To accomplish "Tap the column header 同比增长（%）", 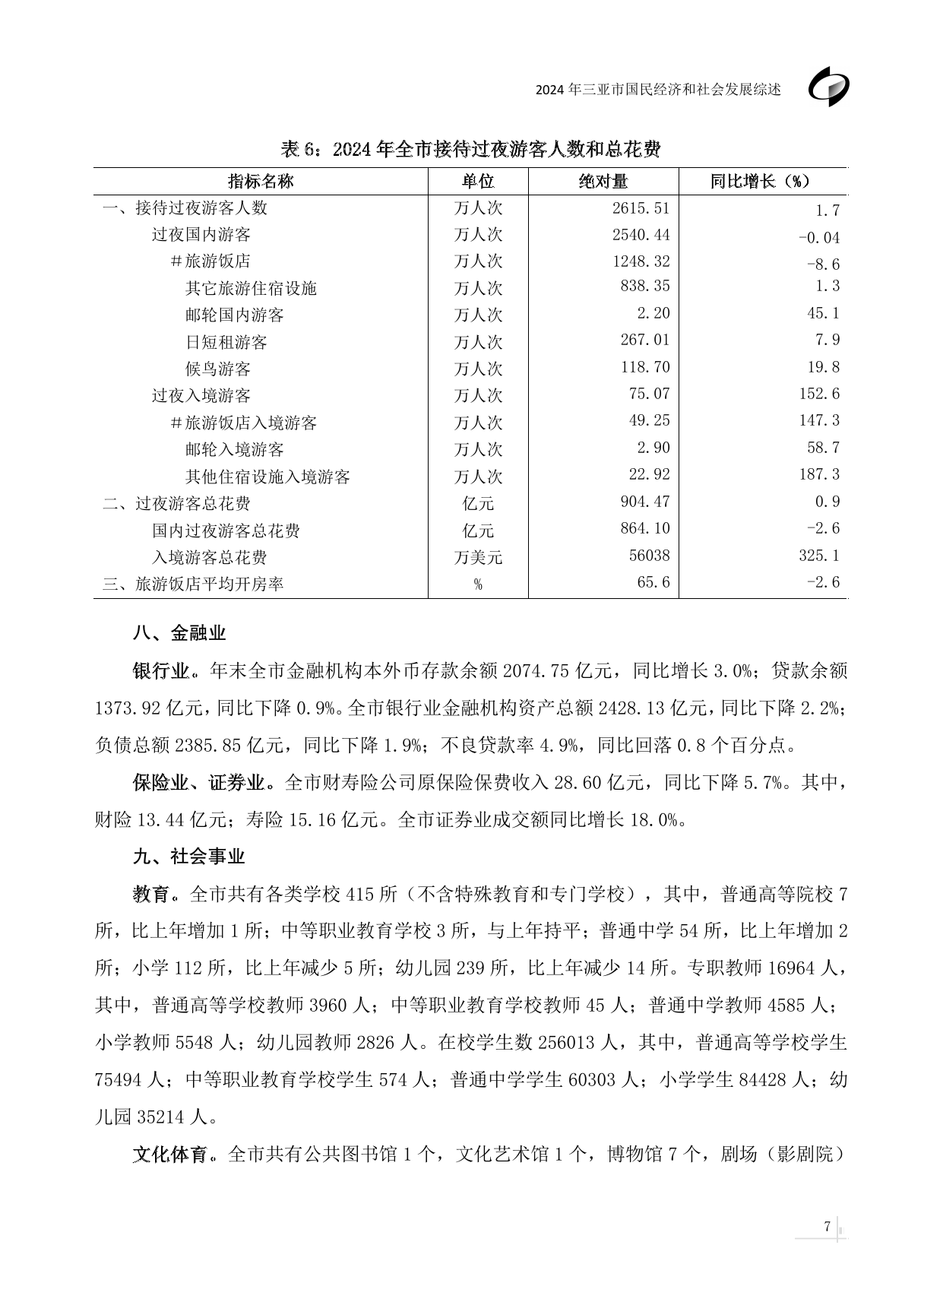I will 761,182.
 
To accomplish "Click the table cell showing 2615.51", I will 641,207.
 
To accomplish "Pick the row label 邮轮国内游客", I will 234,315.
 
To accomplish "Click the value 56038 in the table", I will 649,556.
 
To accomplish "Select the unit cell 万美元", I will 478,557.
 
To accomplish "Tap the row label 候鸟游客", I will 218,369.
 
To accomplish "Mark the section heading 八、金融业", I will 179,633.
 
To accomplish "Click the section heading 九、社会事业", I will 189,857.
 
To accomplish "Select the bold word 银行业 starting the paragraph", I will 160,671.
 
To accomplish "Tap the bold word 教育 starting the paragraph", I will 151,894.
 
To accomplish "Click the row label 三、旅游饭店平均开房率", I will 193,584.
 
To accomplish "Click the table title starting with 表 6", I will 470,149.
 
